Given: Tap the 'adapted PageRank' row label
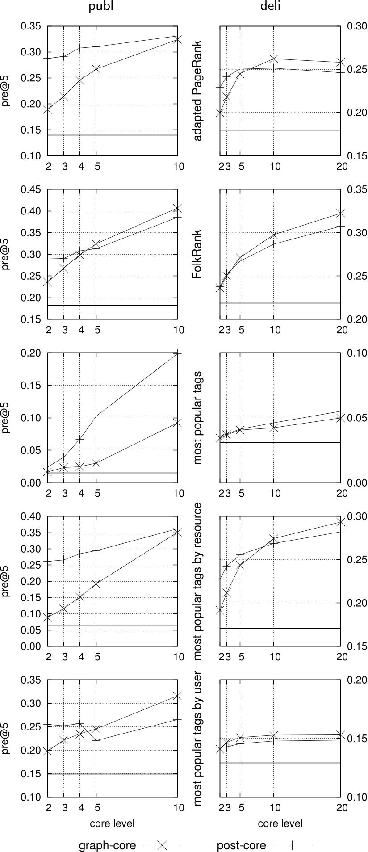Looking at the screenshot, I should click(198, 91).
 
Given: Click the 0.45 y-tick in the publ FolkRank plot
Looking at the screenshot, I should click(32, 189).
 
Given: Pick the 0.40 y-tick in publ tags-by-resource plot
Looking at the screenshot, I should click(32, 516).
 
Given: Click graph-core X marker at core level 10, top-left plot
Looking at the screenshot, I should click(177, 39).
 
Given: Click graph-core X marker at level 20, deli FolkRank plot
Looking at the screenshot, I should click(340, 213).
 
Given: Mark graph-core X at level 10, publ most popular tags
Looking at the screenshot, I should click(177, 422).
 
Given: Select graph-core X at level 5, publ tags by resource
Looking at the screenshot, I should click(96, 584).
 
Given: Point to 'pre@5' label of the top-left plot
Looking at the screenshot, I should click(6, 91).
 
